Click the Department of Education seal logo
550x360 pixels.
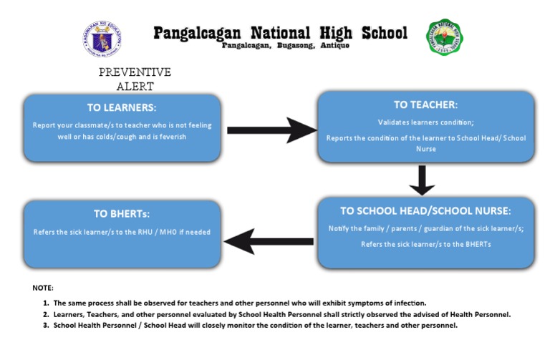pyautogui.click(x=102, y=38)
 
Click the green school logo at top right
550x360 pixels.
pyautogui.click(x=445, y=38)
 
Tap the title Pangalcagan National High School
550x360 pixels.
pyautogui.click(x=280, y=32)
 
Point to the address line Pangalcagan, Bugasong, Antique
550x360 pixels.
pyautogui.click(x=286, y=46)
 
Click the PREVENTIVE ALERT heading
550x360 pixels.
pyautogui.click(x=135, y=79)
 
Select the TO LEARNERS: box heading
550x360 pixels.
pyautogui.click(x=122, y=107)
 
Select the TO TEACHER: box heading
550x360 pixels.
pyautogui.click(x=425, y=104)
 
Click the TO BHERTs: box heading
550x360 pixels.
pyautogui.click(x=122, y=213)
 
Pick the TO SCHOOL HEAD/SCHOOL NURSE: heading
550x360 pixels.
pyautogui.click(x=425, y=210)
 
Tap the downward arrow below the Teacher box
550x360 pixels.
pyautogui.click(x=422, y=180)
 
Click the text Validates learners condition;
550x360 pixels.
pyautogui.click(x=425, y=122)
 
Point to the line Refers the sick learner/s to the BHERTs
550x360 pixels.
pyautogui.click(x=425, y=244)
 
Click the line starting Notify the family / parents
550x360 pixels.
pyautogui.click(x=425, y=228)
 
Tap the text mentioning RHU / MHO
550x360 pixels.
pyautogui.click(x=122, y=232)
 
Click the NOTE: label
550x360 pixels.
pyautogui.click(x=43, y=288)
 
